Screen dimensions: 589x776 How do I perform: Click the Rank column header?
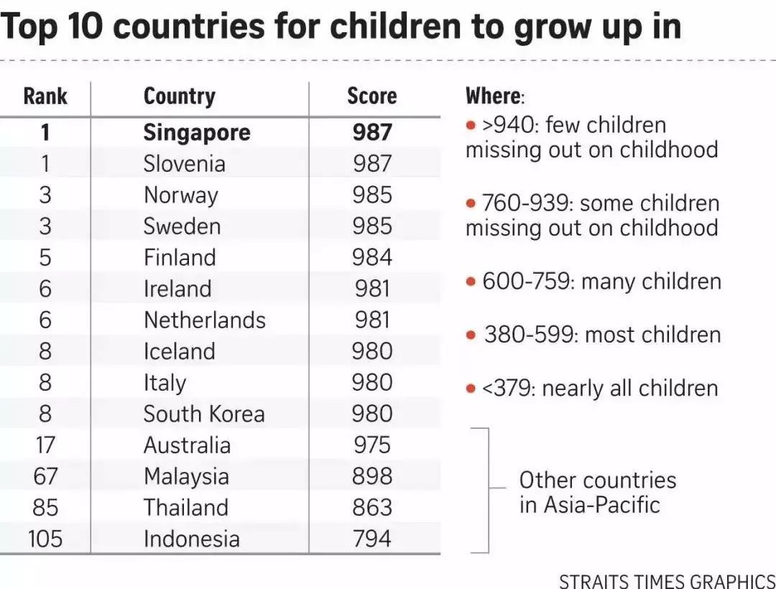coord(45,96)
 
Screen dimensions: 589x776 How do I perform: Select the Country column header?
coord(179,96)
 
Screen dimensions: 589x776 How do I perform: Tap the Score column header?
coord(371,96)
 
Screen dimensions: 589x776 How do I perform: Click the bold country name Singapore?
coord(196,132)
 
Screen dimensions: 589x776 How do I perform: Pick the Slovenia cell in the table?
coord(184,164)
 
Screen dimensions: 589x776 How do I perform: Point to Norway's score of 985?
coord(372,195)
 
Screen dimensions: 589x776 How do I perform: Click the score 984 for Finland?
coord(372,258)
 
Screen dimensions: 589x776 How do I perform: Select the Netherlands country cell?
coord(204,320)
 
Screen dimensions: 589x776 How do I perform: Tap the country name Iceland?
coord(179,351)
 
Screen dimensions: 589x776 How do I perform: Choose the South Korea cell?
coord(203,414)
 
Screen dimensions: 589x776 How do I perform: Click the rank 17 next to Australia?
coord(45,445)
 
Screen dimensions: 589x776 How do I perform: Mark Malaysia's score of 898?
coord(372,476)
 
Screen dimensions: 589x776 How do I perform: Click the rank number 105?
coord(45,539)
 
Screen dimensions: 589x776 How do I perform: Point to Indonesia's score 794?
coord(372,539)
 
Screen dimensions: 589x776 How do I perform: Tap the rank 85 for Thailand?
coord(45,508)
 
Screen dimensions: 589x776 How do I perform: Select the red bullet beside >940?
coord(471,126)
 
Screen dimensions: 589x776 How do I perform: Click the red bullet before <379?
coord(471,389)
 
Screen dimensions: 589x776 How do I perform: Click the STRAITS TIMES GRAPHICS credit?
coord(666,580)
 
